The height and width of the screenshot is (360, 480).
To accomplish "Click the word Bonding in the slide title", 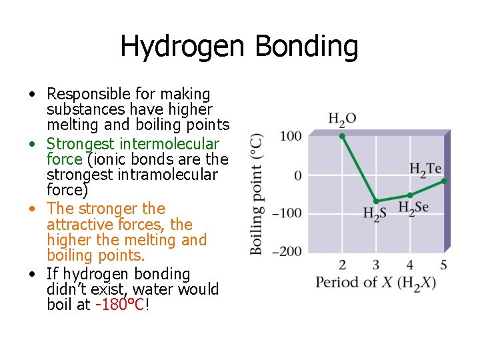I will click(307, 47).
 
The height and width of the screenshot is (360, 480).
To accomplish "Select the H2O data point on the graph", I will click(342, 136).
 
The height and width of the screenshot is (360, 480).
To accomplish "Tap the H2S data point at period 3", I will click(376, 201).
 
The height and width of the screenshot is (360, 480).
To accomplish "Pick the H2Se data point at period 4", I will click(410, 195).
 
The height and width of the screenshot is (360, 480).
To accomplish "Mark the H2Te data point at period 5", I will click(444, 181).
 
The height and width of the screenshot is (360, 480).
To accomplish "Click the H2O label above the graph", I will click(342, 119).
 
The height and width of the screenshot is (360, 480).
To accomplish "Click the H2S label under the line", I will click(375, 214).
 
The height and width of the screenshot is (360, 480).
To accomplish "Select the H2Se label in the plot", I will click(413, 207).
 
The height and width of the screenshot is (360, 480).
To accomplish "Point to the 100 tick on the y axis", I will click(291, 136).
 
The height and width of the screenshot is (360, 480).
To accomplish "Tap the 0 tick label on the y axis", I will click(297, 175).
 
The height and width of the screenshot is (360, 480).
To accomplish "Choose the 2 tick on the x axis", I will click(342, 265).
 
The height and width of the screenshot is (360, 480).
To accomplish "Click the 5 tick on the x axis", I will click(444, 265).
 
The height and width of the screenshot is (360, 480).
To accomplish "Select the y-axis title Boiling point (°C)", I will click(256, 193).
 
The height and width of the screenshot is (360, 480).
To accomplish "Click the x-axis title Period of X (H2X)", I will click(375, 282).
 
